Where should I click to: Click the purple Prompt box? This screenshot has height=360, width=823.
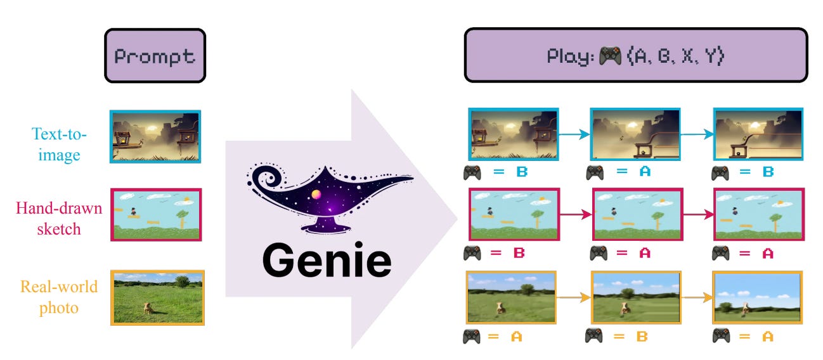click(155, 56)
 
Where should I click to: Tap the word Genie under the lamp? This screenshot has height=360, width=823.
click(327, 260)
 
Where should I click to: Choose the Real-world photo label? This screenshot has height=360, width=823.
click(58, 297)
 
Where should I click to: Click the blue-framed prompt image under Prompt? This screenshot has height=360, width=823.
click(155, 136)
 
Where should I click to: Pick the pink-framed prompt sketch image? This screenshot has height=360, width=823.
click(156, 214)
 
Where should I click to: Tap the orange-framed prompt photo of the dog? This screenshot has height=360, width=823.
click(157, 297)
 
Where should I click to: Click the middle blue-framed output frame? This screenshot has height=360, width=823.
click(635, 134)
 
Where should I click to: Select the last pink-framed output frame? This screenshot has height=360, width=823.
click(758, 215)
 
